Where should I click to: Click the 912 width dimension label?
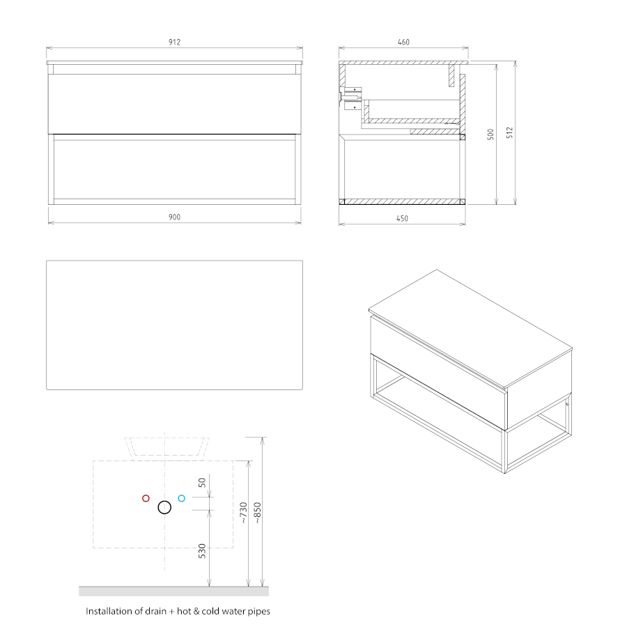click(174, 42)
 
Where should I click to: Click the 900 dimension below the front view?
click(174, 217)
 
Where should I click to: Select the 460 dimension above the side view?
click(403, 42)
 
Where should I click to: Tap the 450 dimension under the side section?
click(402, 218)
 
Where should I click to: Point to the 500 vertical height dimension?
click(490, 134)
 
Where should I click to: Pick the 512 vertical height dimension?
click(509, 133)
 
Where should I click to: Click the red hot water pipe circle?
click(146, 498)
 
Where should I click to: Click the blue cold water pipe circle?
click(182, 498)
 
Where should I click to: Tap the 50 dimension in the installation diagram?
click(202, 483)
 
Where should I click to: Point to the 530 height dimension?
click(202, 551)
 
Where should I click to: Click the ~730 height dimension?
click(244, 513)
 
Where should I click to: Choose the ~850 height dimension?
click(258, 513)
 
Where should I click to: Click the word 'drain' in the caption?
click(155, 611)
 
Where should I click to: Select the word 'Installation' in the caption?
click(109, 611)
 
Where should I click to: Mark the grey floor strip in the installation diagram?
click(173, 591)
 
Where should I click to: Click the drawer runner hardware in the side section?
click(351, 98)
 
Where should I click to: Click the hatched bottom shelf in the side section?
click(402, 201)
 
